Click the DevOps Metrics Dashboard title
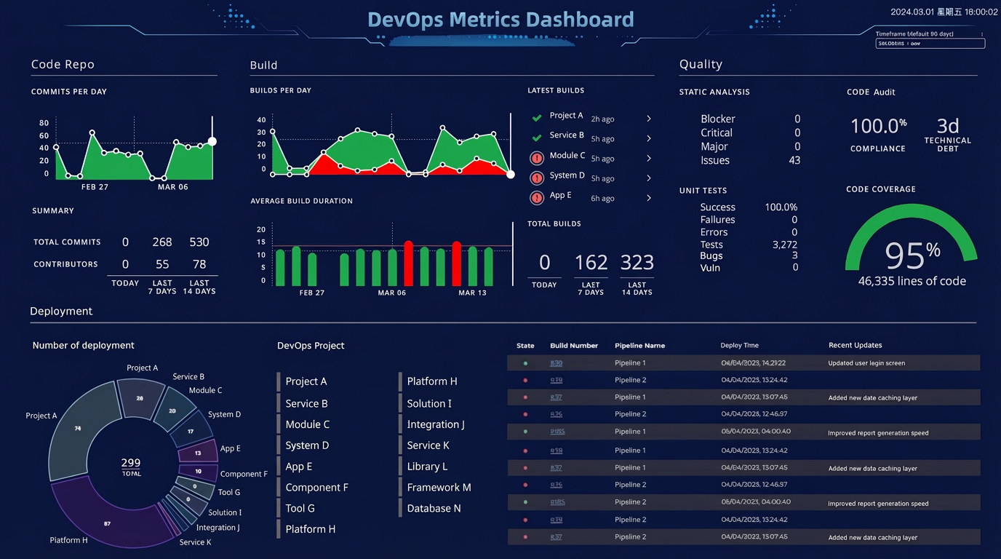tap(500, 20)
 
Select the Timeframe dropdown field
tap(930, 44)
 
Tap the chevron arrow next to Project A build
tap(649, 119)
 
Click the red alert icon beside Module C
tap(537, 158)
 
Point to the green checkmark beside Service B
tap(537, 138)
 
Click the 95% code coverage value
tap(912, 255)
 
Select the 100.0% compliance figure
tap(878, 126)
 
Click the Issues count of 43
tap(794, 160)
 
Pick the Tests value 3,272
tap(785, 245)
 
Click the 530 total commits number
tap(199, 242)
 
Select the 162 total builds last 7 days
tap(591, 263)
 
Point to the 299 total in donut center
tap(131, 463)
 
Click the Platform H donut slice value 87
tap(107, 524)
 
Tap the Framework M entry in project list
tap(439, 488)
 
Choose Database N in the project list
tap(434, 509)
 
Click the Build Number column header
tap(574, 346)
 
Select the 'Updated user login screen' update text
tap(866, 363)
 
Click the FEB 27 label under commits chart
tap(95, 187)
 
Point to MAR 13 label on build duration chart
tap(472, 293)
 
